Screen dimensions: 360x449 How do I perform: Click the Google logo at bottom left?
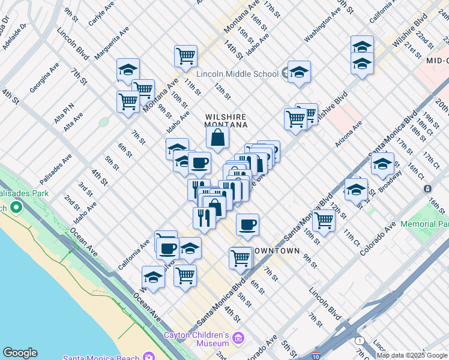click(20, 353)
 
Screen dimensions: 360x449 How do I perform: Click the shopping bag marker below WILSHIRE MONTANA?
click(217, 137)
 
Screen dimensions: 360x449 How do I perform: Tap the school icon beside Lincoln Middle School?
click(298, 72)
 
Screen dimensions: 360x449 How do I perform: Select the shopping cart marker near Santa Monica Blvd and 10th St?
click(324, 220)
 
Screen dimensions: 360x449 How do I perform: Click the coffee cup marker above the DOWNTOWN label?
click(247, 225)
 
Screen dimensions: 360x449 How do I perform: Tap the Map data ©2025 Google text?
click(412, 355)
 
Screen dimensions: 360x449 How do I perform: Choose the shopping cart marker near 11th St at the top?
click(185, 56)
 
